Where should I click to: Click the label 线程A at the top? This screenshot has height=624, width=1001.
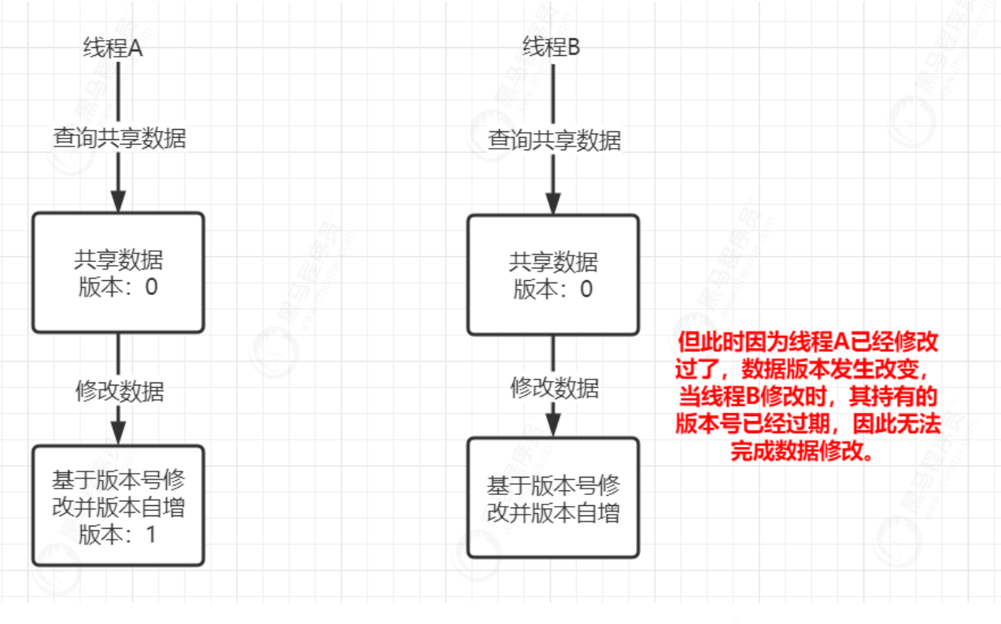coord(113,48)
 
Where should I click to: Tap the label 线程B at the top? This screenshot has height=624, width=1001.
coord(552,47)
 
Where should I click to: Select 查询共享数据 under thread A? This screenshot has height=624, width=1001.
coord(119,138)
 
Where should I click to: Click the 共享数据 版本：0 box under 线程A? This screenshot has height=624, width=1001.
coord(118,272)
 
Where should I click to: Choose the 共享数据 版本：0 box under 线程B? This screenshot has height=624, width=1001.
coord(553,275)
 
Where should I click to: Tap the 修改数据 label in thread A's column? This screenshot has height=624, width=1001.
coord(120,391)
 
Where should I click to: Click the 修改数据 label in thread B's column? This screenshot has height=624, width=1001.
coord(555,387)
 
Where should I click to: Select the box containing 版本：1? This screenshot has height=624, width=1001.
coord(118,505)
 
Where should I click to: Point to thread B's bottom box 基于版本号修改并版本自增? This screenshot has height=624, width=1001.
coord(553,497)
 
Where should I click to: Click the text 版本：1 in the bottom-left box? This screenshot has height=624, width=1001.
coord(118,535)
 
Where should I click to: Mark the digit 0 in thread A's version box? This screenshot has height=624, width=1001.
coord(151,287)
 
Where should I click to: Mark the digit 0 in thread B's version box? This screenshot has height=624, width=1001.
coord(586,289)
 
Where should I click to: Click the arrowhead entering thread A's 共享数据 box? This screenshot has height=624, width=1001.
coord(118,202)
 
